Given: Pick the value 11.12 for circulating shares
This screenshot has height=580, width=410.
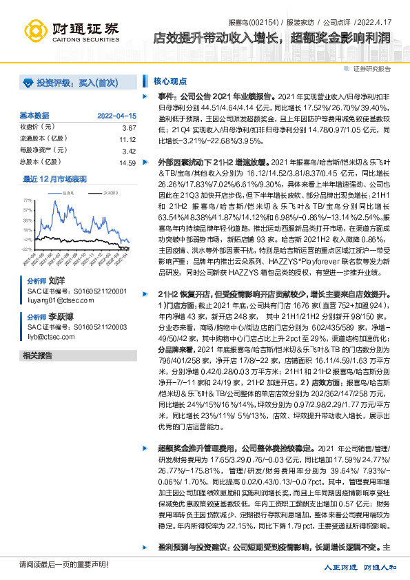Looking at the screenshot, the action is (x=127, y=139).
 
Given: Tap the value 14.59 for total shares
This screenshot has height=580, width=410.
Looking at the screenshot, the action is (x=127, y=163).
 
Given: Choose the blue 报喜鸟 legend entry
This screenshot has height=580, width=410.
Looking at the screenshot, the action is (x=68, y=194).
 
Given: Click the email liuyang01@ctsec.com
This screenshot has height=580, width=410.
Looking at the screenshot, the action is (x=55, y=300).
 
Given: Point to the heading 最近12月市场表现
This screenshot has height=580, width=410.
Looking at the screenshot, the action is (x=55, y=178).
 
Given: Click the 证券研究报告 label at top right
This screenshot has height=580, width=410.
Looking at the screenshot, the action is (x=371, y=69).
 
